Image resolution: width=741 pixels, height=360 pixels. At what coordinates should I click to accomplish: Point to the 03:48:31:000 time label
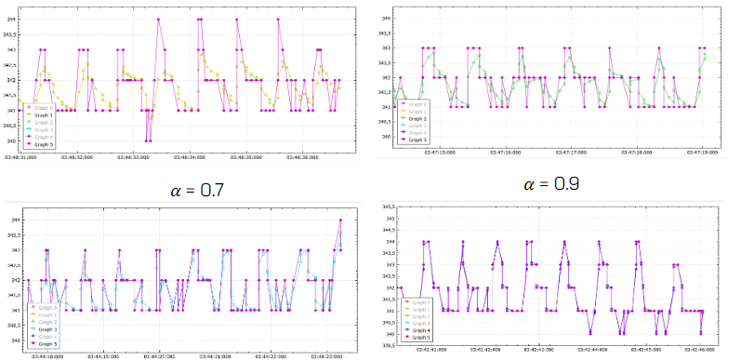pyautogui.click(x=22, y=157)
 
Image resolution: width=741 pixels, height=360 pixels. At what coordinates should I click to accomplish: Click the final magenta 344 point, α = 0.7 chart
pyautogui.click(x=341, y=220)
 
